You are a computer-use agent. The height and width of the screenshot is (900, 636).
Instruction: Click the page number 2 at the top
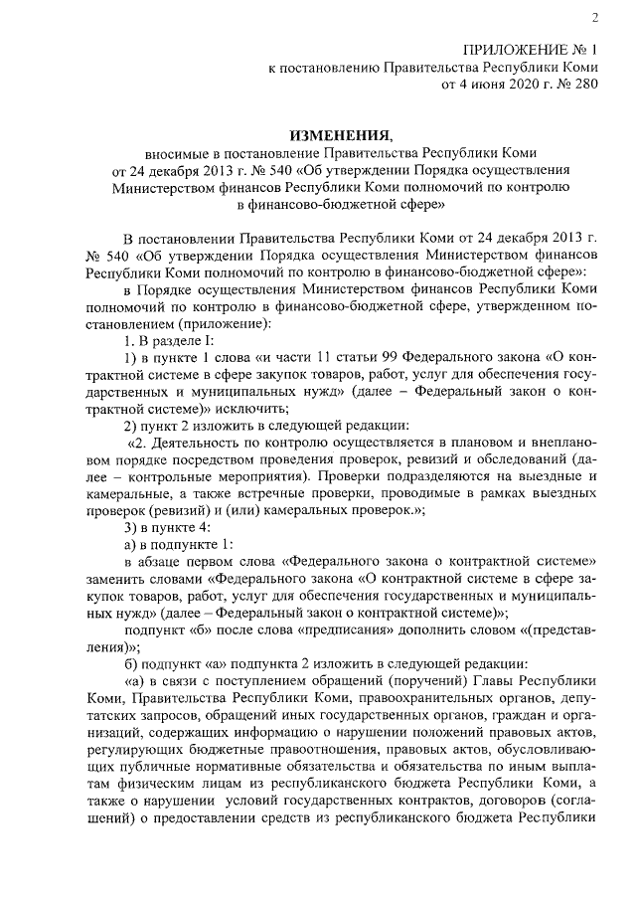pyautogui.click(x=593, y=17)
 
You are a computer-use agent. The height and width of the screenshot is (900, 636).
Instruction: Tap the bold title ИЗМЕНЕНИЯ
pyautogui.click(x=338, y=134)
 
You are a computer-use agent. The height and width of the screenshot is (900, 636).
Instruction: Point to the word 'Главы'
pyautogui.click(x=499, y=680)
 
